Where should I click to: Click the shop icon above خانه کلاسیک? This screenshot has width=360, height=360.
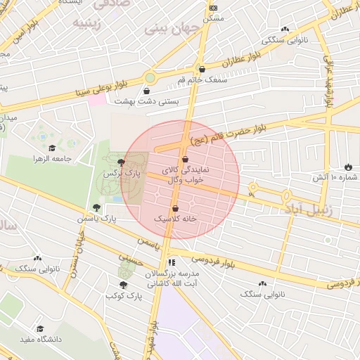[x=175, y=209]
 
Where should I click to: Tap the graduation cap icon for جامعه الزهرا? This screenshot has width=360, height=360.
[x=52, y=148]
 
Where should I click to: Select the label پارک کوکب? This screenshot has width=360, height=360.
[x=124, y=296]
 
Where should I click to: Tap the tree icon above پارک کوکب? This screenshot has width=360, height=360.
[x=124, y=285]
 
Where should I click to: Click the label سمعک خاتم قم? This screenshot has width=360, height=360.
[x=203, y=81]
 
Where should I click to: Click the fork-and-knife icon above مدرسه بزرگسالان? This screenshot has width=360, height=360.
[x=172, y=262]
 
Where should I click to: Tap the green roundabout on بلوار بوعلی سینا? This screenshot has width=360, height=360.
[x=150, y=77]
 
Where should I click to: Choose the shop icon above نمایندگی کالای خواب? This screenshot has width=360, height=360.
[x=185, y=160]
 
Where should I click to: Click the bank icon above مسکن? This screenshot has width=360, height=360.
[x=213, y=8]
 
